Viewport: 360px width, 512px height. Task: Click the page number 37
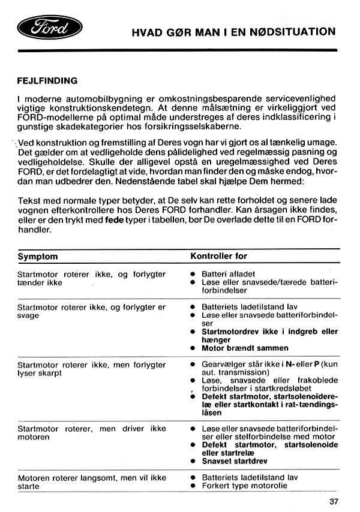point(334,501)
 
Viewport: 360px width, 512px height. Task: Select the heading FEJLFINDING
point(47,80)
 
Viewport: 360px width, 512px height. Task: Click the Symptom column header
point(38,256)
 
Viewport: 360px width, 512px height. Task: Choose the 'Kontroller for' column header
point(218,256)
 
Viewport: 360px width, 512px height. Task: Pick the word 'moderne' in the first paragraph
point(44,98)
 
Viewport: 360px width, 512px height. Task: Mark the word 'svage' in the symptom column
point(28,315)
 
